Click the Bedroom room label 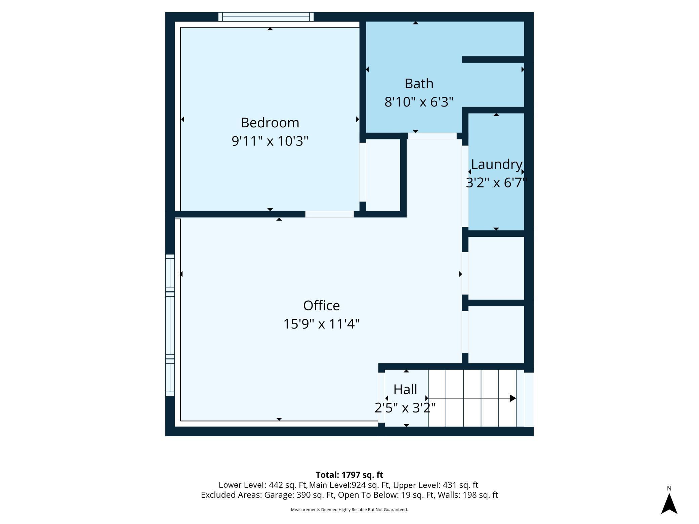click(270, 123)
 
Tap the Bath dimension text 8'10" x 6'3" click(419, 102)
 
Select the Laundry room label click(497, 165)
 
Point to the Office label click(321, 306)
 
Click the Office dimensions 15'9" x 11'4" click(321, 324)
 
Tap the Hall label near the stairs click(405, 389)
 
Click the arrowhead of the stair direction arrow click(513, 398)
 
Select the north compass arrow click(669, 504)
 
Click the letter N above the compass click(669, 488)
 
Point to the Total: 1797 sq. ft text click(349, 475)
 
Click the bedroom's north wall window click(266, 17)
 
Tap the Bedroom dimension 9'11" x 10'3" click(270, 141)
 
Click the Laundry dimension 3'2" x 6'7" click(496, 183)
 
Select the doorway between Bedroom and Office click(329, 214)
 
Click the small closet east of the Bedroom click(383, 175)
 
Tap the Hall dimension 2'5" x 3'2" click(405, 408)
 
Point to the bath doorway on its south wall click(432, 136)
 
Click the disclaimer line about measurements click(349, 510)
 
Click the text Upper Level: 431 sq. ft click(436, 485)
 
